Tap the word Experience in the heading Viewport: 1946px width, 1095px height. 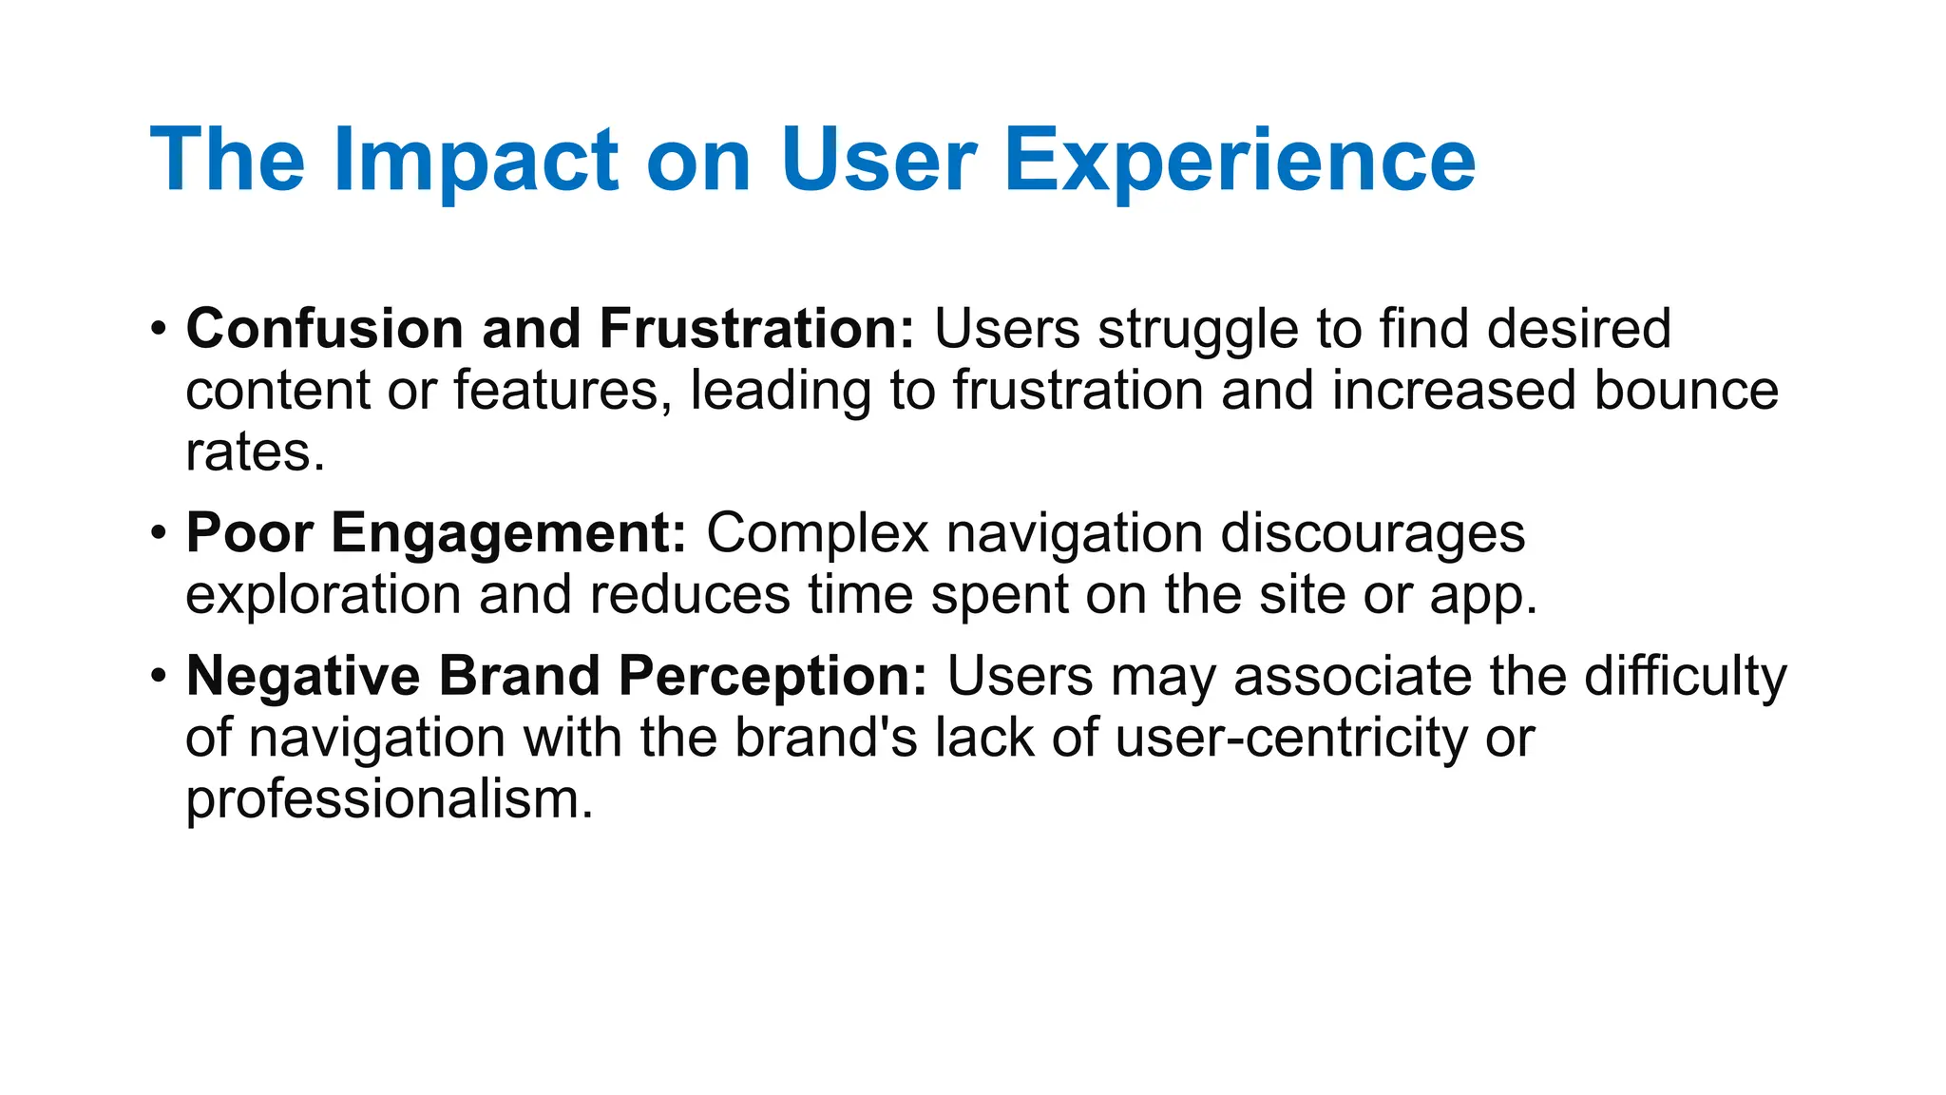pyautogui.click(x=1239, y=162)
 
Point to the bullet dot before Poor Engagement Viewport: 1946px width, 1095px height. pyautogui.click(x=159, y=532)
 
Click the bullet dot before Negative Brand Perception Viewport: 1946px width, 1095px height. pyautogui.click(x=159, y=676)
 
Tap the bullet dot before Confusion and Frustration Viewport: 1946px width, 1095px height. pyautogui.click(x=159, y=329)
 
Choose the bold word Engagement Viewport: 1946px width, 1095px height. pyautogui.click(x=508, y=533)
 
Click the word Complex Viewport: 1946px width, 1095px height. pyautogui.click(x=816, y=533)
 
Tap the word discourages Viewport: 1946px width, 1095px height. pyautogui.click(x=1372, y=533)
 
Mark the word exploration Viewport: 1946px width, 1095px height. pyautogui.click(x=323, y=596)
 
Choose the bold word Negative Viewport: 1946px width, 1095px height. pyautogui.click(x=303, y=677)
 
